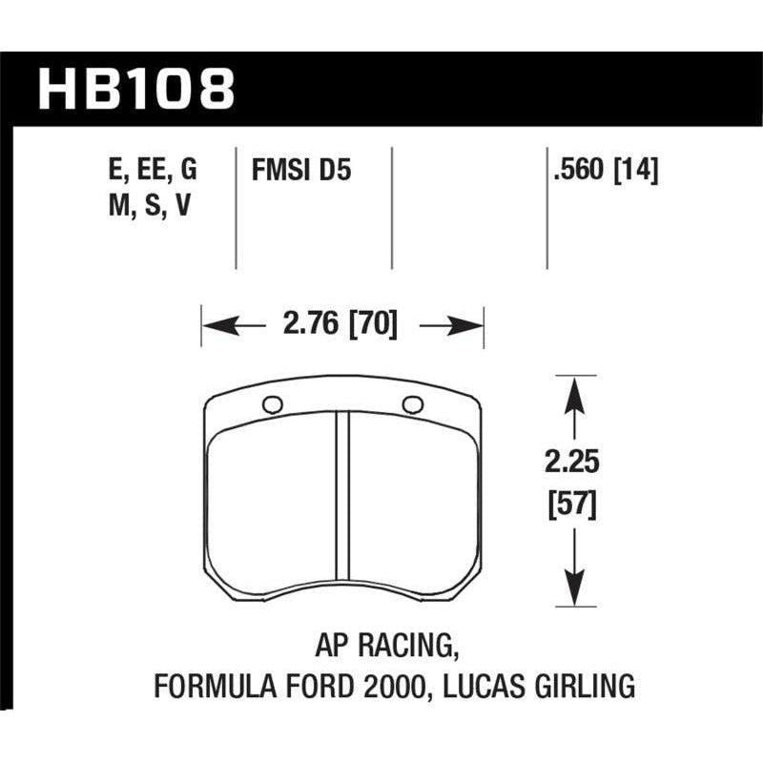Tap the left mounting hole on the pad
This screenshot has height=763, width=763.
coord(272,404)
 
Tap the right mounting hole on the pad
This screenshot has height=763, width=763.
coord(412,404)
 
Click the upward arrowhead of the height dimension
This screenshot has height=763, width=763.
coord(572,388)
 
